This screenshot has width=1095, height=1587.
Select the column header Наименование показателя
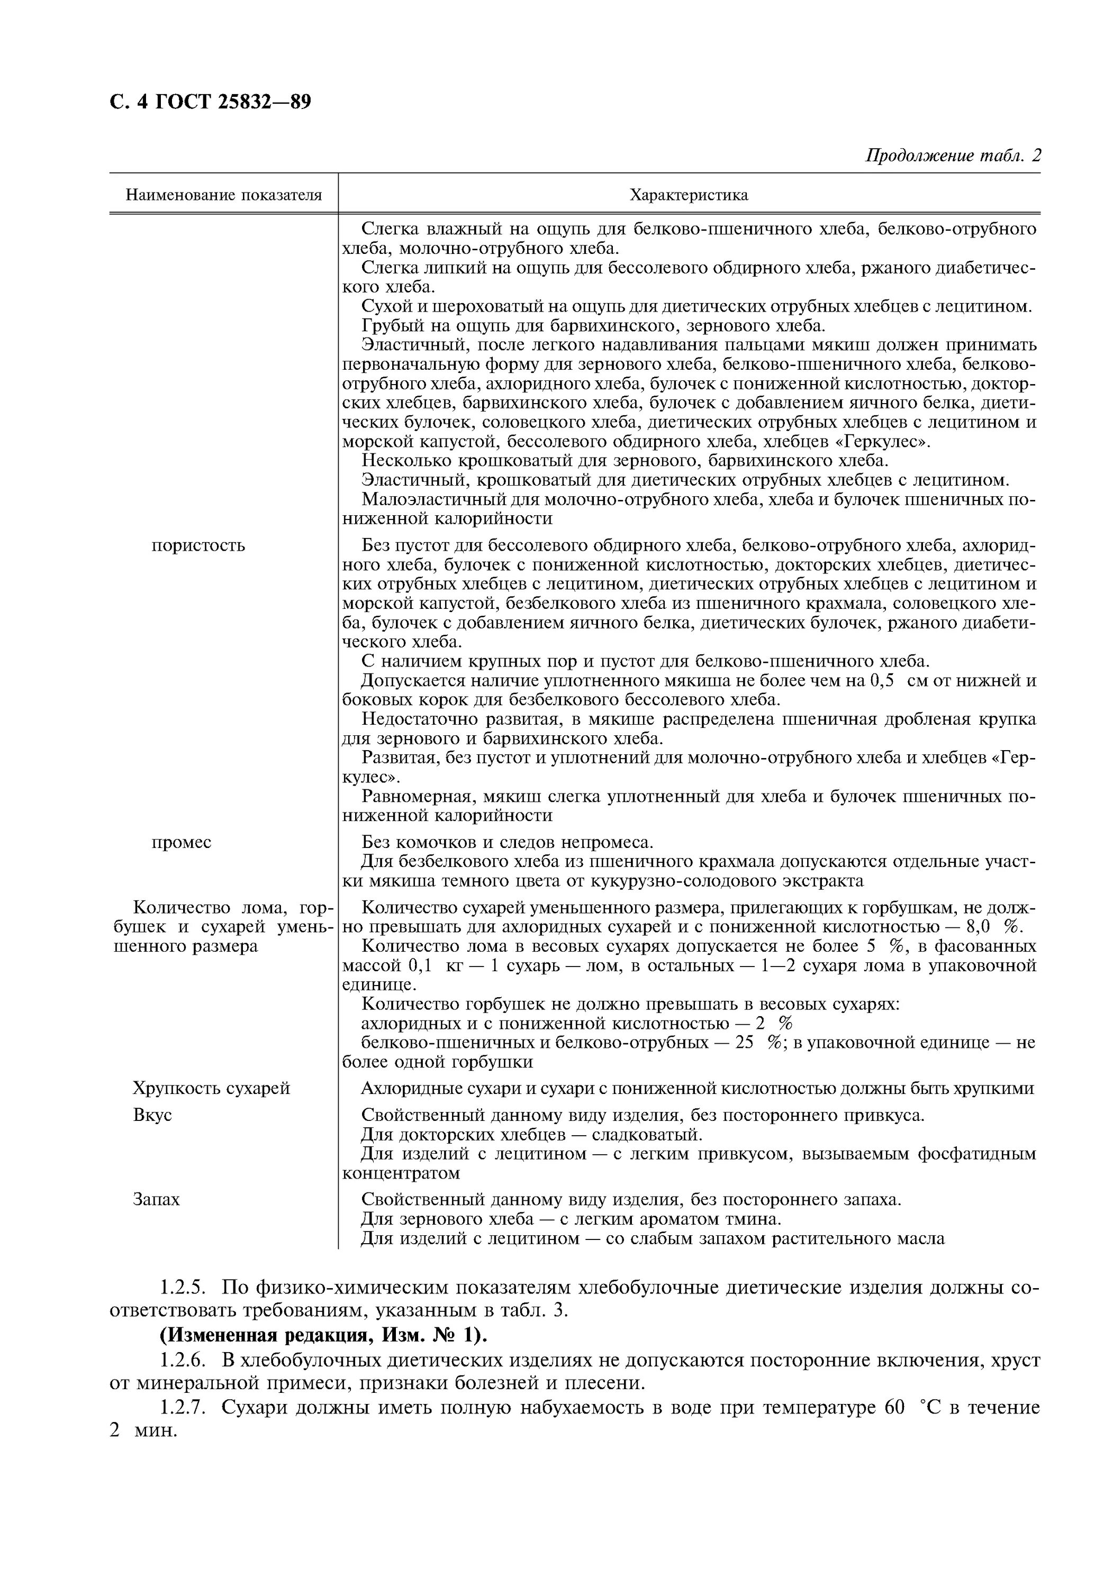point(224,195)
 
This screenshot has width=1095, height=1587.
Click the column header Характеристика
point(689,195)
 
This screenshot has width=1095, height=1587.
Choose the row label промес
point(181,842)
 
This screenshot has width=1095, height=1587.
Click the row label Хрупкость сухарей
point(211,1088)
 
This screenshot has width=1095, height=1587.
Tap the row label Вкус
point(152,1115)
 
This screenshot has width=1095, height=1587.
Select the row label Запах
point(157,1200)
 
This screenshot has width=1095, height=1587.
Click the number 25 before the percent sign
point(745,1043)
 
